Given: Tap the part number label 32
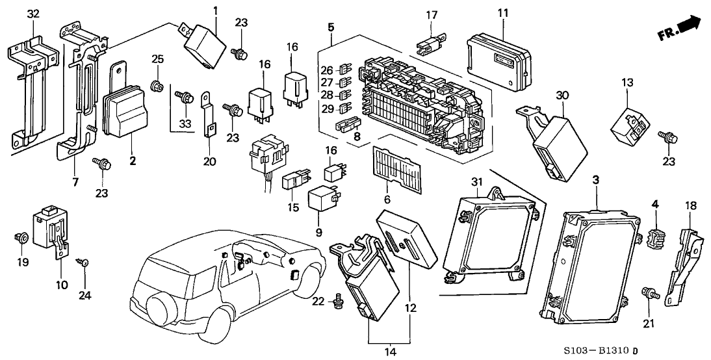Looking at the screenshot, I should tap(33, 14).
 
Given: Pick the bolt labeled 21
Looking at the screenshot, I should tap(648, 294).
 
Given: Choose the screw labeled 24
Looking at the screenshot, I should tap(84, 264).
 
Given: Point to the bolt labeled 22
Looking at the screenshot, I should tap(337, 300).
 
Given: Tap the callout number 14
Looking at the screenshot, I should tap(389, 352).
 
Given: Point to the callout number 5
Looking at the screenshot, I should tap(331, 27).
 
